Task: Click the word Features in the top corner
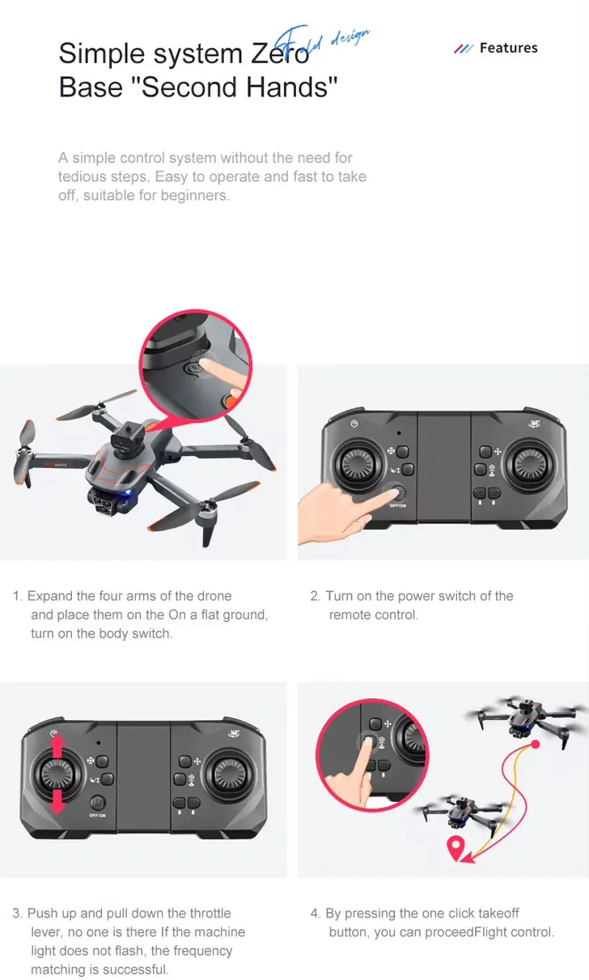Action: pyautogui.click(x=509, y=48)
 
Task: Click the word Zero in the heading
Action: pyautogui.click(x=280, y=53)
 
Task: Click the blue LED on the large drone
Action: pyautogui.click(x=127, y=492)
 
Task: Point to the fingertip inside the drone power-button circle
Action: pyautogui.click(x=207, y=362)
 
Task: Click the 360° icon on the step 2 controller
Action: pyautogui.click(x=534, y=423)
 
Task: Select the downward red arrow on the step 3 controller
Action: pyautogui.click(x=57, y=801)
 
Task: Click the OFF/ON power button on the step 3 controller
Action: pyautogui.click(x=97, y=803)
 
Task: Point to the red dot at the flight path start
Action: pyautogui.click(x=536, y=744)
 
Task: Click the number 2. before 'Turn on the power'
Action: pyautogui.click(x=316, y=596)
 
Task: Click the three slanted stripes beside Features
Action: pyautogui.click(x=463, y=48)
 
